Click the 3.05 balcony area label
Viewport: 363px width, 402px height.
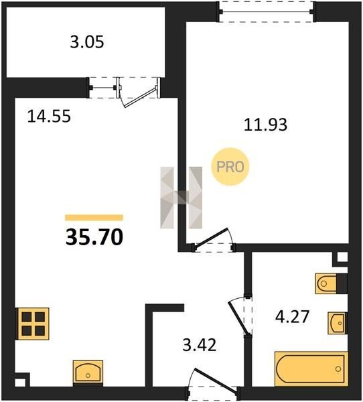87,42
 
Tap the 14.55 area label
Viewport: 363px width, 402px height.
49,116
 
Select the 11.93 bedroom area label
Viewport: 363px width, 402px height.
265,125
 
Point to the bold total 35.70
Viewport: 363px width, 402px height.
94,237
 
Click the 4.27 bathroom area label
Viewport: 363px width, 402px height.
292,317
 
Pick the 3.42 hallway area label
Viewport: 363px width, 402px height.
200,345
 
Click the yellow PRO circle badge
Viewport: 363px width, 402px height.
230,167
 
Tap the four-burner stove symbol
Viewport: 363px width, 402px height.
33,324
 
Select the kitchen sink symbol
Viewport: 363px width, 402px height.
88,371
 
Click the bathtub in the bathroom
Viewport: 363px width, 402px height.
311,368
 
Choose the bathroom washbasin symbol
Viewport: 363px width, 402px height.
338,323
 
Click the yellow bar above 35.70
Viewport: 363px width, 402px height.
94,217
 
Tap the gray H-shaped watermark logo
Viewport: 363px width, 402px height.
181,198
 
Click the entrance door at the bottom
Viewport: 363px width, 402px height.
213,382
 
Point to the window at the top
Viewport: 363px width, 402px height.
267,12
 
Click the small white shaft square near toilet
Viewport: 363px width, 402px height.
342,257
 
